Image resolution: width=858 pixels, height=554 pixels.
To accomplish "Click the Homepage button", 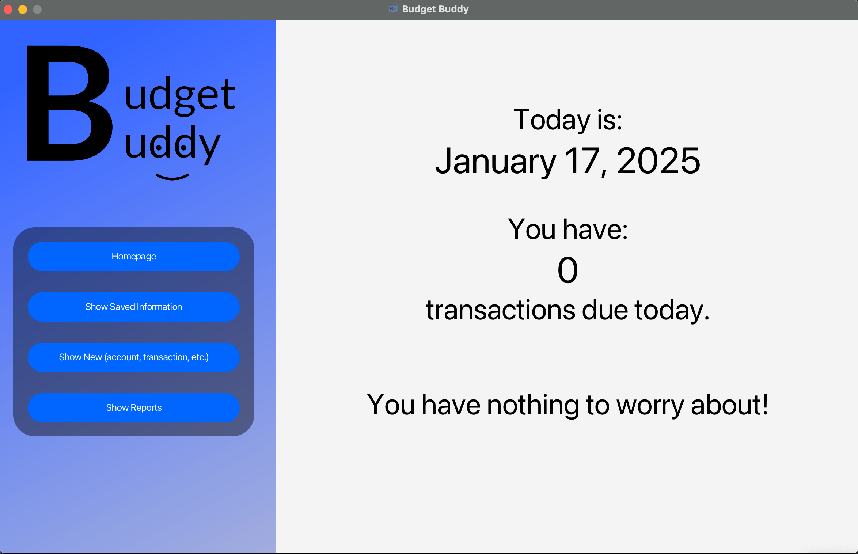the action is [x=134, y=256].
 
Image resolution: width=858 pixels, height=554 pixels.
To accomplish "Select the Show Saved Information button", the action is [x=134, y=307].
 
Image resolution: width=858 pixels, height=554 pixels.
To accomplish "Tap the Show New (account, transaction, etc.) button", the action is [x=134, y=357].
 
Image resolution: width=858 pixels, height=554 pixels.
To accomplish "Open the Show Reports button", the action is [x=134, y=407].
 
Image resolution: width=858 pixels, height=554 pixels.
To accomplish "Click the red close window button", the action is [x=8, y=10].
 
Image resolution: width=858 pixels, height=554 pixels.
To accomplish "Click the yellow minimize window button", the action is [x=23, y=10].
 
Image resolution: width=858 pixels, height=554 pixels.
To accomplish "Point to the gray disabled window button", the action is [x=37, y=10].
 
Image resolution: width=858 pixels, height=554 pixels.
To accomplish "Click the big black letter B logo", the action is [x=69, y=103].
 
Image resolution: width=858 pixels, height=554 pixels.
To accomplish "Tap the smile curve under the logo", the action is [x=172, y=178].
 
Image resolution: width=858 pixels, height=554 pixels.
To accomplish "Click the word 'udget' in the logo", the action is [x=180, y=96].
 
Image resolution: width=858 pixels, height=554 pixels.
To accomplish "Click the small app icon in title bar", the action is [x=393, y=9].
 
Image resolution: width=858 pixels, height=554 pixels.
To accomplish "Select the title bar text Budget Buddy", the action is [x=435, y=9].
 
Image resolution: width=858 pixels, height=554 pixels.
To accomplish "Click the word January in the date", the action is [x=496, y=161].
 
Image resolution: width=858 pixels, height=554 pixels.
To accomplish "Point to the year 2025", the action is [x=658, y=160].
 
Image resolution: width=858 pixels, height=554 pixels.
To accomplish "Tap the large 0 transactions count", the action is [x=567, y=270].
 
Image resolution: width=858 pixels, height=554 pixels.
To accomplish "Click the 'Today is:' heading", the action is [x=568, y=120].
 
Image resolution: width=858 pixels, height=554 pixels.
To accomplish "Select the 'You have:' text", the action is [x=568, y=229].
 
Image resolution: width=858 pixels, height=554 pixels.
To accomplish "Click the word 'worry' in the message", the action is [x=650, y=405].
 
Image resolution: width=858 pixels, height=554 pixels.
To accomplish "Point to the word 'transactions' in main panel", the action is [x=501, y=310].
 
